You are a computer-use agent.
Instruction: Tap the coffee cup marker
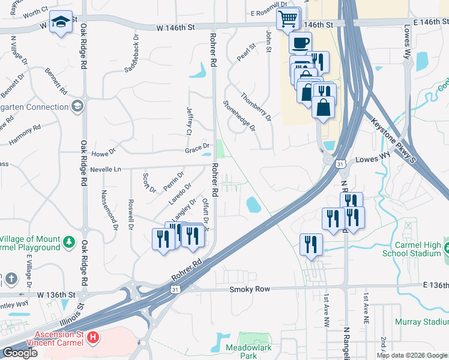click(x=300, y=43)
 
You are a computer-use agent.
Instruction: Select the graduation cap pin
click(x=61, y=23)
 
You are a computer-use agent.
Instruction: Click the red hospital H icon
click(x=92, y=338)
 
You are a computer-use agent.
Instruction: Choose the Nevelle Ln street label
click(x=106, y=170)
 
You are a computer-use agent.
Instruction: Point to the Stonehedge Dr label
click(x=240, y=116)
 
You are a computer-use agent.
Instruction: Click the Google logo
click(x=20, y=353)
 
